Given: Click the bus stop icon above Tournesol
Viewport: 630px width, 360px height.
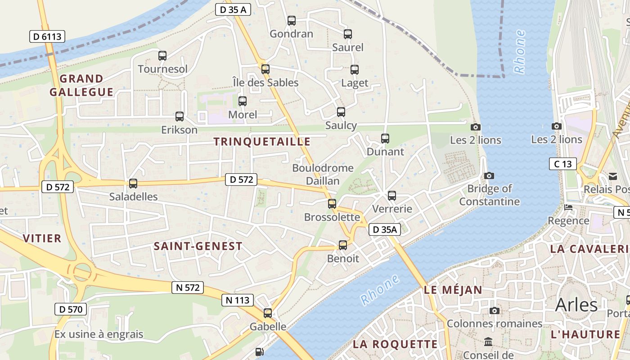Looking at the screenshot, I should click(162, 56).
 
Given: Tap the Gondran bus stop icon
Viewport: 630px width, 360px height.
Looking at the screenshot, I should click(292, 20).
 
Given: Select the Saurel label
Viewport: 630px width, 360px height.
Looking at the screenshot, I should click(347, 47).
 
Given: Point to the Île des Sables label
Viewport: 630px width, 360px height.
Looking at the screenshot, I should click(265, 82).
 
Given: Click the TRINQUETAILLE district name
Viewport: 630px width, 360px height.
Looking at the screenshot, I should click(262, 142).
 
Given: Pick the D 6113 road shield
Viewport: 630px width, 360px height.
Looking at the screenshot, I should click(47, 36).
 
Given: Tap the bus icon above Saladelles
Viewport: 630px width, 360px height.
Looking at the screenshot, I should click(133, 183).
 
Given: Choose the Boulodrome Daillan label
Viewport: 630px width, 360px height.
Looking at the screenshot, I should click(323, 174).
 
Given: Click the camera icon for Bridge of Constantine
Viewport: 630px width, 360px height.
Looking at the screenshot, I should click(489, 175).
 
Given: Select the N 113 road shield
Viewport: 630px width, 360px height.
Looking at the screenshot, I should click(238, 300).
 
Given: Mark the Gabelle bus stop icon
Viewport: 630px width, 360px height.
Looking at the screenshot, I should click(268, 313).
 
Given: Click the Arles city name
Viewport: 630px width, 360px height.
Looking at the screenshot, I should click(576, 305).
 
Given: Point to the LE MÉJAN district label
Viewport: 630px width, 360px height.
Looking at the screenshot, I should click(453, 290).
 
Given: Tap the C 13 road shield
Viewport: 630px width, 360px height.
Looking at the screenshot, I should click(562, 164).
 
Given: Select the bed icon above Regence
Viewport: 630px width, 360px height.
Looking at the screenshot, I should click(568, 207).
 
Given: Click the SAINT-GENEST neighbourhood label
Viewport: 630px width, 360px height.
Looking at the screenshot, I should click(198, 246).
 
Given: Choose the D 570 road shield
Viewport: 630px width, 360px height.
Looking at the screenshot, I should click(71, 309).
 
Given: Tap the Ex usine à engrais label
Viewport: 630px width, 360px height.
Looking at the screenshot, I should click(99, 334).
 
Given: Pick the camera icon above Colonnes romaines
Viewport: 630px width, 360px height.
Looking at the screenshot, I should click(495, 310).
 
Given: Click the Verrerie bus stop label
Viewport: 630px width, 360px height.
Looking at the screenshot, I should click(392, 209).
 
